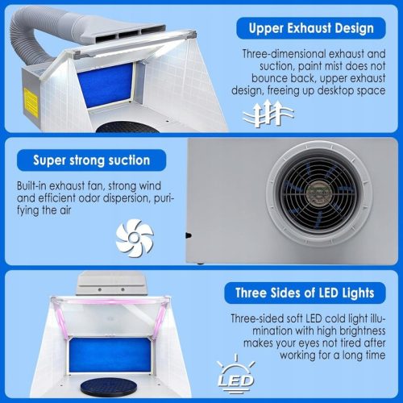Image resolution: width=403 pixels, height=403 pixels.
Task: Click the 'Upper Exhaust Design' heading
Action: [311, 28]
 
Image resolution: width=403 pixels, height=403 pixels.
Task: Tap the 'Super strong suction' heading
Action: [91, 160]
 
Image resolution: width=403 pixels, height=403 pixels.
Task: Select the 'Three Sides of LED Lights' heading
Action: [305, 293]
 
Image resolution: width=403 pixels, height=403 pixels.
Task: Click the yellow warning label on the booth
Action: [31, 103]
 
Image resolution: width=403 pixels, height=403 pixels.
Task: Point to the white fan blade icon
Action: [135, 238]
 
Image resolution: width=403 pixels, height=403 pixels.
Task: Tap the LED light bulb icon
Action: [235, 374]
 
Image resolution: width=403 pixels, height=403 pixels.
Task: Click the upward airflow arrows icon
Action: [268, 114]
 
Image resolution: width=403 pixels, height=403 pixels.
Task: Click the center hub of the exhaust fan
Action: [320, 193]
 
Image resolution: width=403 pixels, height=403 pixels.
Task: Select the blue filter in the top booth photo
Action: [105, 85]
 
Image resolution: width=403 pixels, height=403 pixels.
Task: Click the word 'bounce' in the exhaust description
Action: [267, 78]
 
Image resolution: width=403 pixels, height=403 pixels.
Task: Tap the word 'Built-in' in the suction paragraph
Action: [31, 186]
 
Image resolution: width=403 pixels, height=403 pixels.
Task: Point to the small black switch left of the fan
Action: [189, 235]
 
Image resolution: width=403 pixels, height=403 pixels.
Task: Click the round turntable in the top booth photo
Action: [123, 127]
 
